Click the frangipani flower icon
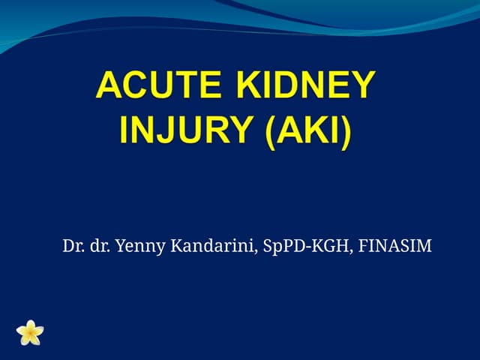pos(30,331)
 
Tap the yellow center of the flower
pos(30,332)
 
